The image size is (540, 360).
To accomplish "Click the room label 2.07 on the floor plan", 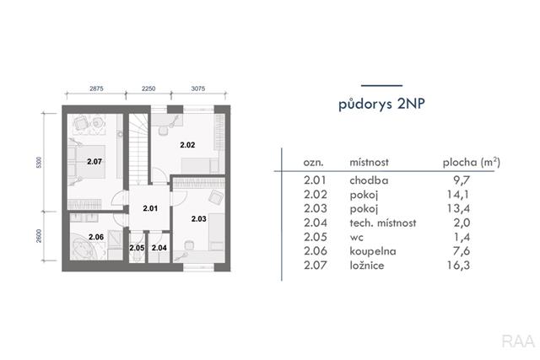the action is tap(94, 161).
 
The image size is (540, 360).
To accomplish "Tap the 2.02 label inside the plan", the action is tap(187, 145).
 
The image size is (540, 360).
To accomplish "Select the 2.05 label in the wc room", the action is tap(137, 248).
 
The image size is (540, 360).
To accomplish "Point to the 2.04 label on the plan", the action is tap(159, 248).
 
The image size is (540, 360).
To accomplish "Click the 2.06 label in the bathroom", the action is tap(96, 237).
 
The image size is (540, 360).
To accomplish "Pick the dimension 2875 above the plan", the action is tap(96, 89).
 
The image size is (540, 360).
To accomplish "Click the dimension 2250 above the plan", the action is tap(148, 89).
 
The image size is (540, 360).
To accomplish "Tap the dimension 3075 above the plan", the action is tap(198, 89).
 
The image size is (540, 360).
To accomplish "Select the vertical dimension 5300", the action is tap(39, 163).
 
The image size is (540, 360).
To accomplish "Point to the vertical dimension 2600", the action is tap(39, 236).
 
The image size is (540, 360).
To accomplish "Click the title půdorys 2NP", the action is tap(381, 104).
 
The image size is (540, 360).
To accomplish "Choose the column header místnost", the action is tap(370, 162).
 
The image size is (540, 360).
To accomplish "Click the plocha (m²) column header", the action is tap(472, 162).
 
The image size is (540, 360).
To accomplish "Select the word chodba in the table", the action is tap(369, 180).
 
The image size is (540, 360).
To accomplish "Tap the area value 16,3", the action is tap(458, 265).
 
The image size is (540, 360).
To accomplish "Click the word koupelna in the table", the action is tap(373, 251).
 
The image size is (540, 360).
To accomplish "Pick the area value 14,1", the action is tap(458, 195).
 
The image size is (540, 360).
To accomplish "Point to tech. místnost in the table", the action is tap(383, 223).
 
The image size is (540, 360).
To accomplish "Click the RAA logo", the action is tap(518, 341).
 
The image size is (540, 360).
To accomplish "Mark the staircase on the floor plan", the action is tap(138, 148).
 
